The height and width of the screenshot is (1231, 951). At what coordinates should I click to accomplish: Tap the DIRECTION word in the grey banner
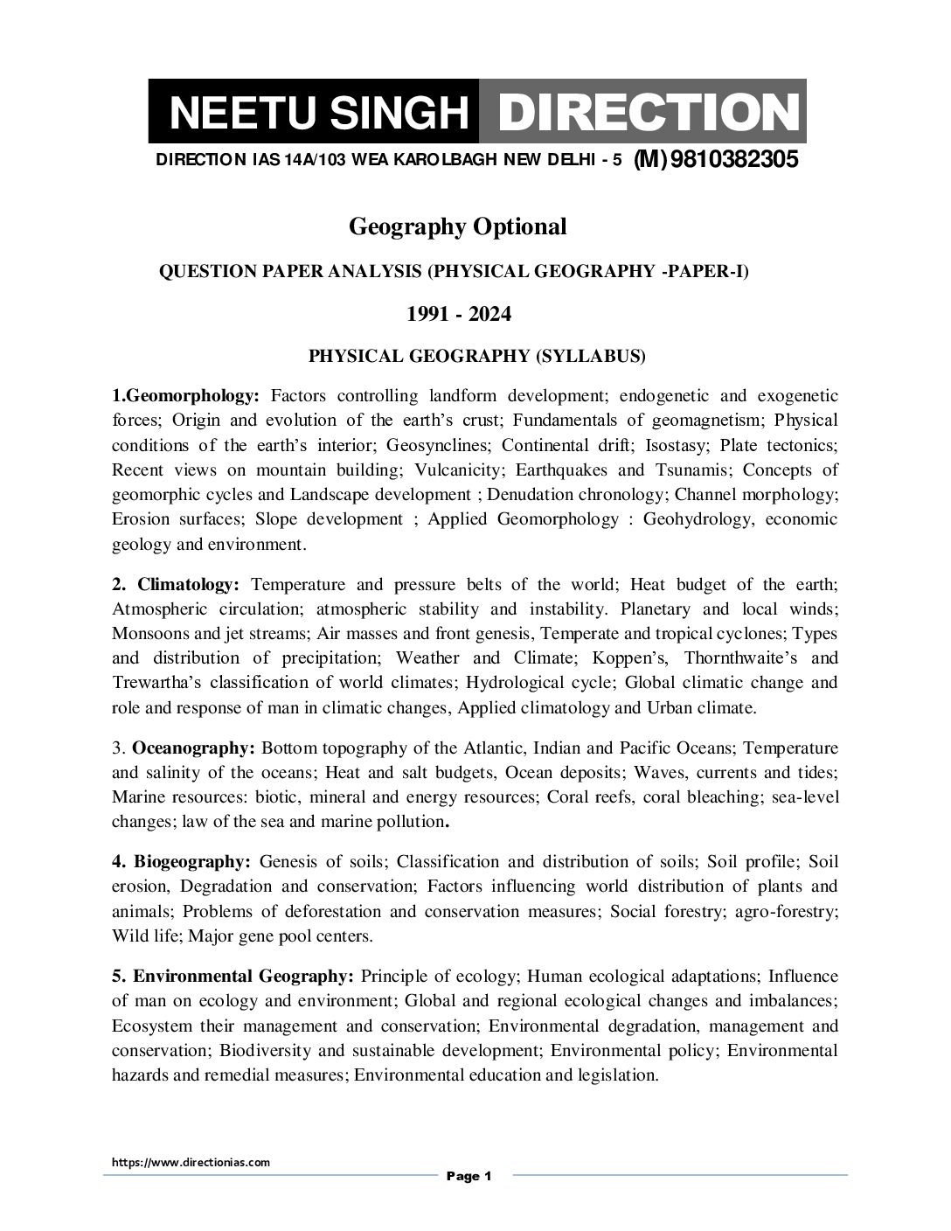(x=642, y=113)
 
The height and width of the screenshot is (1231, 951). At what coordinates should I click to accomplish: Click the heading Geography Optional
(x=457, y=226)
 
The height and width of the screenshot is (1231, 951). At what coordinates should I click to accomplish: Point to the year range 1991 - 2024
(x=458, y=314)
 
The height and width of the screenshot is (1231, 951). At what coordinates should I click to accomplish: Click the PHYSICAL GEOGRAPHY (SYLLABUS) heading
(x=477, y=356)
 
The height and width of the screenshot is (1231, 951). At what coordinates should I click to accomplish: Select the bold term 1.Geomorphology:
(x=186, y=396)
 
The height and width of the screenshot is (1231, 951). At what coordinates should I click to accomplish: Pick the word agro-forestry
(x=785, y=911)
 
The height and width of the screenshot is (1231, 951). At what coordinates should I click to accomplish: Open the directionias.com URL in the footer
(x=191, y=1163)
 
